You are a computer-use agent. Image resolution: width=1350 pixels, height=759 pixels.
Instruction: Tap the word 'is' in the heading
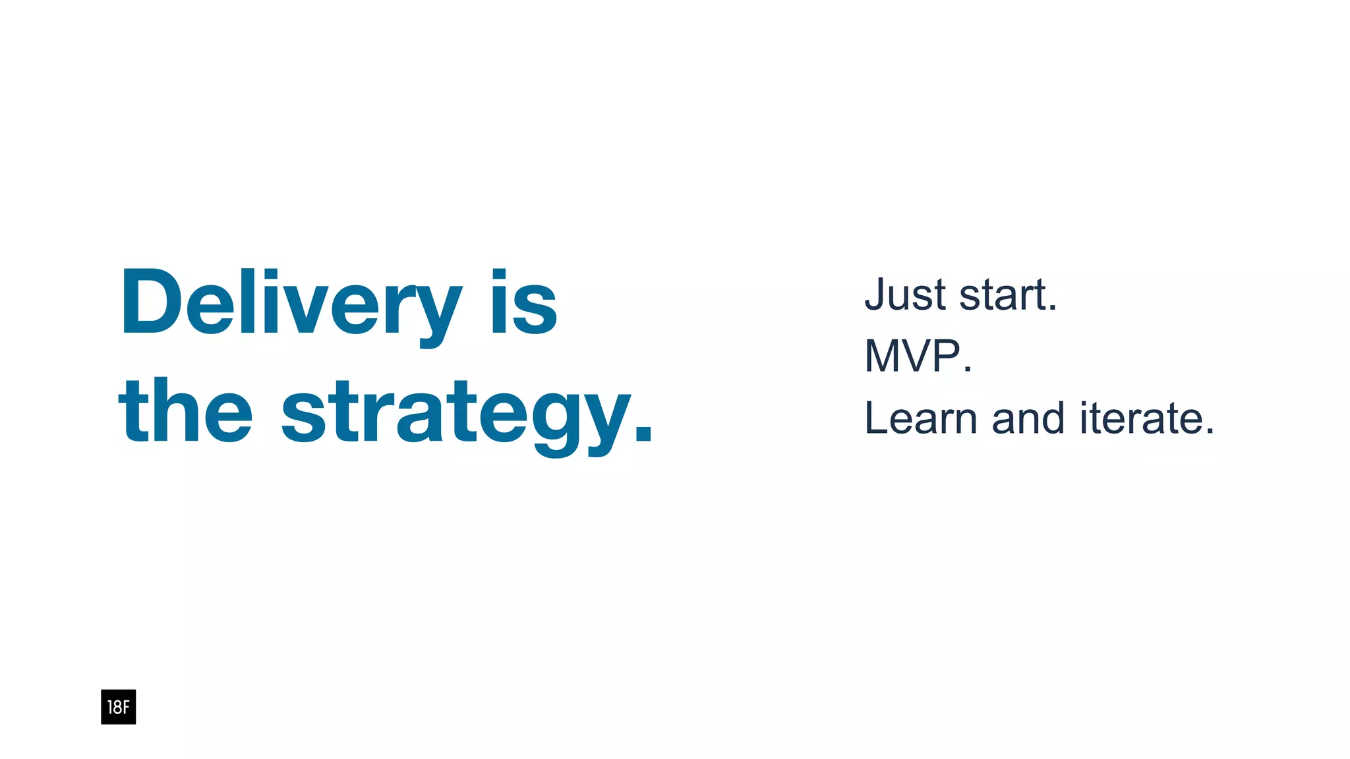pyautogui.click(x=524, y=303)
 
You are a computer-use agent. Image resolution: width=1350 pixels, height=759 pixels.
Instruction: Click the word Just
pyautogui.click(x=905, y=295)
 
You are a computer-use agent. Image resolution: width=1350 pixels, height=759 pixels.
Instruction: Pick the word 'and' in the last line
pyautogui.click(x=1028, y=418)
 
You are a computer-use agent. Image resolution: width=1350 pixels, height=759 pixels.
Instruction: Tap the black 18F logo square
pyautogui.click(x=118, y=707)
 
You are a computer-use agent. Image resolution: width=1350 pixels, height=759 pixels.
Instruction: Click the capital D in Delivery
pyautogui.click(x=150, y=303)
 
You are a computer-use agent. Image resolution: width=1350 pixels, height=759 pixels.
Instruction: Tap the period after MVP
pyautogui.click(x=967, y=370)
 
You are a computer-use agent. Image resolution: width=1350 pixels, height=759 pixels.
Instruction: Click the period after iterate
pyautogui.click(x=1209, y=432)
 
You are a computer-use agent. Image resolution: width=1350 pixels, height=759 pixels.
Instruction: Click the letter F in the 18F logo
pyautogui.click(x=126, y=708)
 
